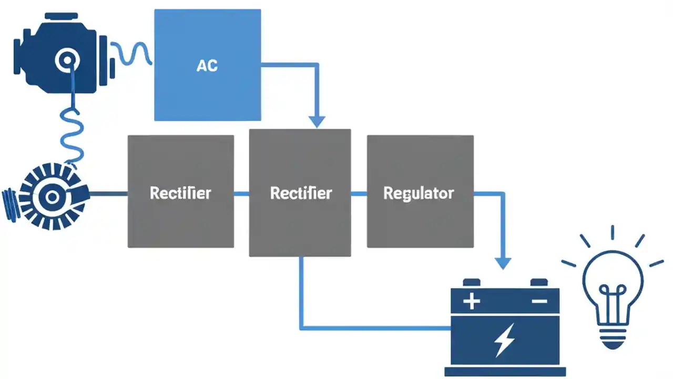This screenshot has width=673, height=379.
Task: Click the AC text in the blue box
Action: [x=207, y=66]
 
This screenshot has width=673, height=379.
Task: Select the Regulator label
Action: [x=419, y=193]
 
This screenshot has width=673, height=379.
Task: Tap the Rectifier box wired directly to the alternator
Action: [x=180, y=192]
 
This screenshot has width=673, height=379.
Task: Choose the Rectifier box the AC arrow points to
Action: [x=300, y=193]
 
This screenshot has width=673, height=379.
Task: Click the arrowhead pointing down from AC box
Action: [x=316, y=121]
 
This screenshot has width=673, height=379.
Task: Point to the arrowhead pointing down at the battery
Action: [x=504, y=263]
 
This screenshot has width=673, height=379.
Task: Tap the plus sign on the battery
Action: [x=472, y=302]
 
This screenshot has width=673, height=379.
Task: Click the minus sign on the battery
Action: [x=539, y=302]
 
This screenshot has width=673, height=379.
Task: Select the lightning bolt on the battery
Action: [x=505, y=341]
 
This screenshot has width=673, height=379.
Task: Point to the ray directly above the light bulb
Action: [x=613, y=233]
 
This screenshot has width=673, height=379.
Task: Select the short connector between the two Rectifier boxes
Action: [x=241, y=194]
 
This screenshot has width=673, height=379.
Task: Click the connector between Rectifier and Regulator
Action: [x=359, y=194]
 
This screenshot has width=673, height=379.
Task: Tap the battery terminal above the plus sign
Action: [x=471, y=283]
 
